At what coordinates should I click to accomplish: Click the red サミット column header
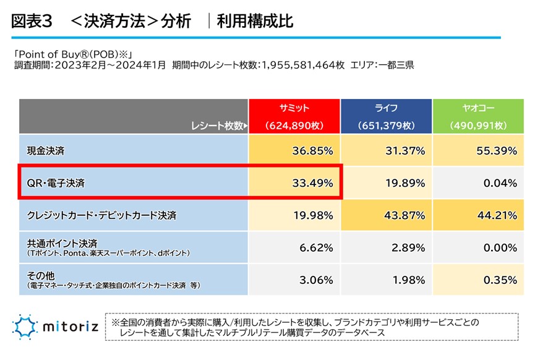tap(294, 116)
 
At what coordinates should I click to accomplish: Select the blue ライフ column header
tap(386, 116)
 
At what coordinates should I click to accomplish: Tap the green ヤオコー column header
tap(477, 116)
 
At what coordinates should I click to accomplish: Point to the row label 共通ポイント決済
tap(62, 243)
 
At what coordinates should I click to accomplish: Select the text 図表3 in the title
tap(32, 22)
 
